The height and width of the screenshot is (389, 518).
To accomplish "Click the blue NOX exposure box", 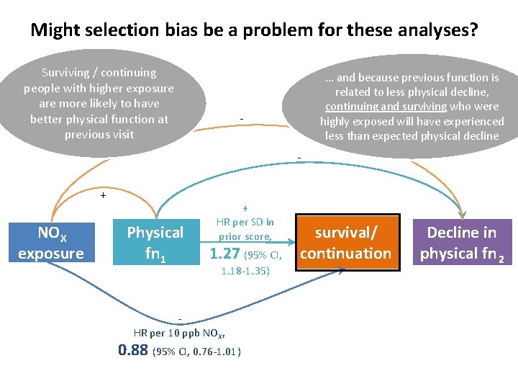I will point(51,243).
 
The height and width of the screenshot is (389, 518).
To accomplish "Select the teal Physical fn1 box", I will point(155,243).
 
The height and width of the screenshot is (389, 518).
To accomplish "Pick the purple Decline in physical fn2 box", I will point(462,243).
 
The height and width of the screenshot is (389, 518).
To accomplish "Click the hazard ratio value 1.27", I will point(224,254).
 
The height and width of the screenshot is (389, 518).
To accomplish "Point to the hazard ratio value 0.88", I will point(133,350).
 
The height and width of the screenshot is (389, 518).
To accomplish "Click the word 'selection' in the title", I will point(122,31).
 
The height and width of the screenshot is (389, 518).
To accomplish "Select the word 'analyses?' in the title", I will point(435,31).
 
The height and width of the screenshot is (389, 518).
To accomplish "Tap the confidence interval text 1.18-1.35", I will point(245,272).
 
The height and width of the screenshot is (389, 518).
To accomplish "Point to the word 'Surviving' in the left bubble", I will point(65,73).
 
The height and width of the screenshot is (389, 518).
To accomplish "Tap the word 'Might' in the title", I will point(55,31).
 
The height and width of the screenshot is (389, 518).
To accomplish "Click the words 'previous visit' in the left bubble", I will point(99,135).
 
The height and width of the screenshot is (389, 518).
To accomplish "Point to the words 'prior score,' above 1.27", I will point(245,236).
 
